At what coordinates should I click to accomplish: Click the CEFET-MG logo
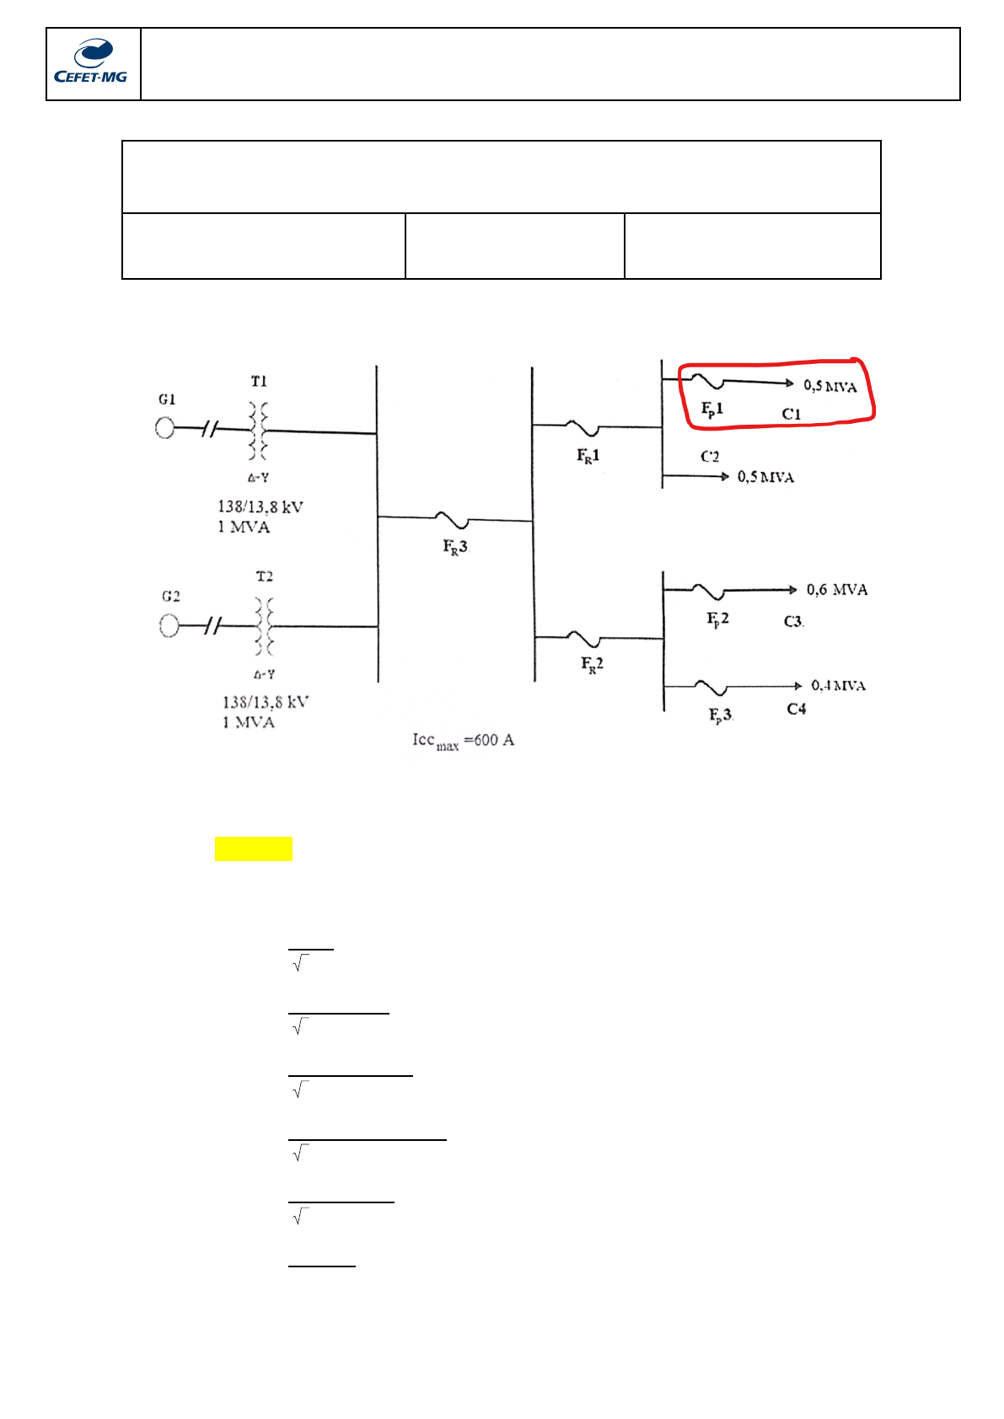[91, 63]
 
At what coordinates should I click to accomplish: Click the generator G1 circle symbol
[165, 428]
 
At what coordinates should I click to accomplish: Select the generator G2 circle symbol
[169, 625]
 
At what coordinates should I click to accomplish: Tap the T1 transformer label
[258, 382]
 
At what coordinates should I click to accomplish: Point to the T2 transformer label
[264, 577]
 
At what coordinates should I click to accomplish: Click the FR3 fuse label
[455, 547]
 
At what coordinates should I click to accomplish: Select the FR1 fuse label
[588, 456]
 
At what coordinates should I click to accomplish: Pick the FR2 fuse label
[592, 665]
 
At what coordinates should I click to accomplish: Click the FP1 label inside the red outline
[712, 410]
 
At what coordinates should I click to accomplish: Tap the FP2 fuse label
[717, 619]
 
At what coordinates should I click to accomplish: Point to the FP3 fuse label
[720, 715]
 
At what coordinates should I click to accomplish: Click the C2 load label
[710, 457]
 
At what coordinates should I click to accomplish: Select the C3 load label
[793, 622]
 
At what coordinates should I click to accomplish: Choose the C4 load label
[796, 709]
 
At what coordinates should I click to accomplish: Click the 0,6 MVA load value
[836, 590]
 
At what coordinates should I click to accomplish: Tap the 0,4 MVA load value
[838, 686]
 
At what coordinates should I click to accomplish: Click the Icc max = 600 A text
[463, 741]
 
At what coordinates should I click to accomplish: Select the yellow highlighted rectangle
[254, 849]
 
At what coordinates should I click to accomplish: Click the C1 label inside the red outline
[791, 414]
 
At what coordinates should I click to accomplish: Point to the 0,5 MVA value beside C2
[765, 477]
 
